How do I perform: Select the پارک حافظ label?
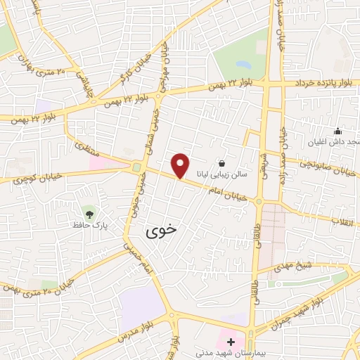tap(89, 226)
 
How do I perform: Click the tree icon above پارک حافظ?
tap(89, 212)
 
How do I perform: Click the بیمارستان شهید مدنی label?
tap(229, 354)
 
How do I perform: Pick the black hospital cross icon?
tap(231, 341)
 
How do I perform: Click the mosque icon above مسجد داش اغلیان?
tap(337, 130)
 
